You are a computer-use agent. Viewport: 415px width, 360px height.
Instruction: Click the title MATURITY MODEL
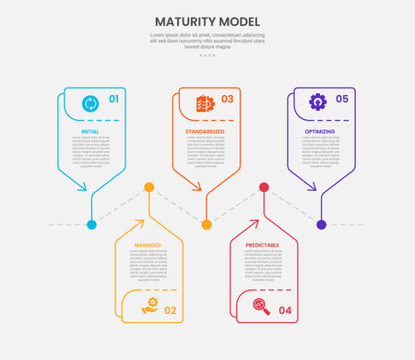click(x=207, y=21)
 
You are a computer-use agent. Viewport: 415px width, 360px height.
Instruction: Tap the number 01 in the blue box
click(x=113, y=100)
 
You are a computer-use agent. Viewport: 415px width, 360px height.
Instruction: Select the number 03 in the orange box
click(x=227, y=100)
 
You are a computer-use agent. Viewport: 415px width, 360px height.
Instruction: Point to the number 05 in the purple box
click(x=342, y=100)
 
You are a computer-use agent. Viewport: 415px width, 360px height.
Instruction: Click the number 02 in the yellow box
click(x=170, y=310)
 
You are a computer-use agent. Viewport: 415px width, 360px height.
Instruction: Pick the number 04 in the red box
click(x=284, y=310)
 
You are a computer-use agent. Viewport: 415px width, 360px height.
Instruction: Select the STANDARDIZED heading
click(x=206, y=132)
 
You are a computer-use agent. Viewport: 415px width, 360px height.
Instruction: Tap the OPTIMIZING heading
click(x=320, y=132)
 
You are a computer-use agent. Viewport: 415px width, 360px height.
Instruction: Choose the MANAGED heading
click(x=148, y=246)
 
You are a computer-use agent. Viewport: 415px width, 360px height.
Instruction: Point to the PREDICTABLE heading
click(x=263, y=246)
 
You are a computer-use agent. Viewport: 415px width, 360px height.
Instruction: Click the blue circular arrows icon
click(x=90, y=102)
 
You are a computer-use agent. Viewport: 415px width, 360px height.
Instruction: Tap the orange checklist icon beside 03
click(x=205, y=102)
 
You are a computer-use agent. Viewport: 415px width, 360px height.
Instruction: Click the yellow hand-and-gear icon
click(x=148, y=307)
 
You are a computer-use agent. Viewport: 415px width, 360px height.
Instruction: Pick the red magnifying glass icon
click(x=262, y=307)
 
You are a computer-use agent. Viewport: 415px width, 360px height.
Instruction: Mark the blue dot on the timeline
click(x=91, y=224)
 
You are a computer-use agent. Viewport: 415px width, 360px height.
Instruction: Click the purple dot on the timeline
click(x=321, y=224)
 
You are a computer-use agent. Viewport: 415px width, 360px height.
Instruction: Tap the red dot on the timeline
click(x=264, y=187)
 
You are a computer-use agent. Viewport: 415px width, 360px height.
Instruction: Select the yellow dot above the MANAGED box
click(x=148, y=187)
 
